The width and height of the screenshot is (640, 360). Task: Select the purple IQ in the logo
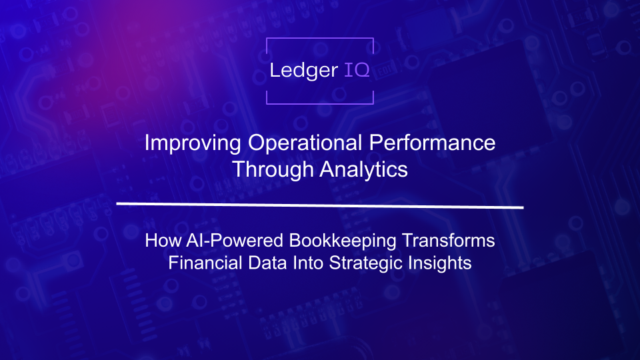click(x=357, y=70)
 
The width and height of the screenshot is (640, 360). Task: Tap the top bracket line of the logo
click(x=320, y=39)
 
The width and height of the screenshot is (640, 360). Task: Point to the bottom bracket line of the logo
click(x=320, y=103)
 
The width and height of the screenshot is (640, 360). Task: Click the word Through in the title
click(x=273, y=169)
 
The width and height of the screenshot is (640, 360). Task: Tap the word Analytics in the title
click(x=363, y=169)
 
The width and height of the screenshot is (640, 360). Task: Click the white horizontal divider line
click(x=320, y=204)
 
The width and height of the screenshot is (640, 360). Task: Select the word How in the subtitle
click(x=161, y=240)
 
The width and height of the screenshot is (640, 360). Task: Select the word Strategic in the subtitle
click(x=362, y=263)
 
